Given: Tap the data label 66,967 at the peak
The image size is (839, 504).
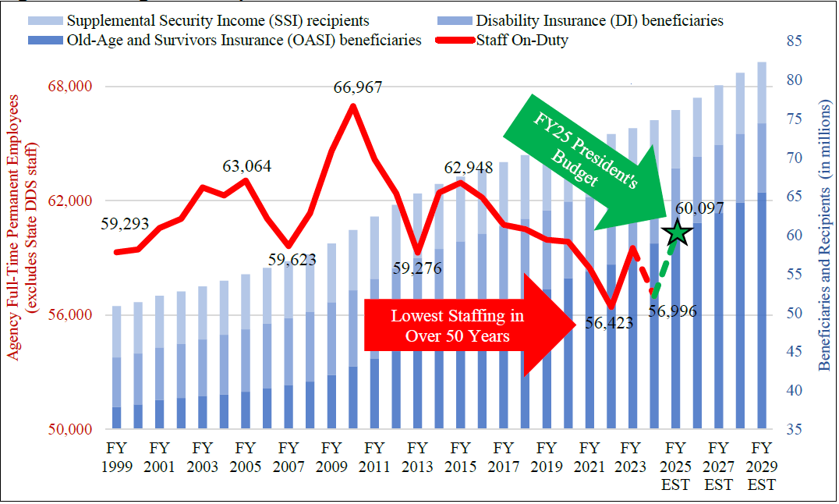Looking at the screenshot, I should click(358, 88).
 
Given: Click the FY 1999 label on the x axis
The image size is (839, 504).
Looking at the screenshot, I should click(116, 458).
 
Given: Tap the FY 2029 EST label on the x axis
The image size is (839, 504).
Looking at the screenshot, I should click(761, 467).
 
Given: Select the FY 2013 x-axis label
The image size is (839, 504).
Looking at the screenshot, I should click(417, 458).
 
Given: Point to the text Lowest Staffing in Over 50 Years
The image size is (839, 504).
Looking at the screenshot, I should click(457, 326).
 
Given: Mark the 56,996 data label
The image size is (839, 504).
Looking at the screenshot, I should click(672, 311).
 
